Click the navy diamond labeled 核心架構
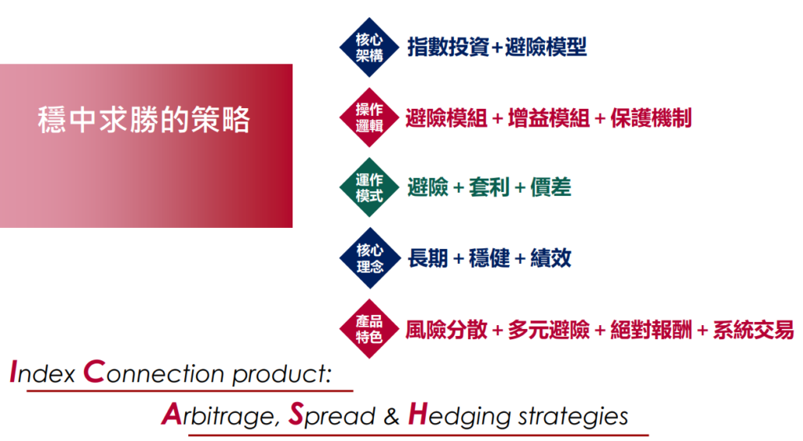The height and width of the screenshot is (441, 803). [x=369, y=47]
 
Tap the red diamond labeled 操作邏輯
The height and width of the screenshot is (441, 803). [x=369, y=117]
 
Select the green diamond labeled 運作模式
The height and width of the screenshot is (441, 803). [x=369, y=187]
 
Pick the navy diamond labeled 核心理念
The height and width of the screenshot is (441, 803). [x=369, y=258]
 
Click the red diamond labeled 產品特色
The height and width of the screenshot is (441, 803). [x=369, y=328]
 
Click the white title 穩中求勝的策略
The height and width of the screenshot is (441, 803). [x=144, y=120]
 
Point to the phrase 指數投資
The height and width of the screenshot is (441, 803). [x=448, y=47]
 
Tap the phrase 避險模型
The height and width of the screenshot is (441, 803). [x=546, y=47]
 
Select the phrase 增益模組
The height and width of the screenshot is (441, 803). [x=548, y=118]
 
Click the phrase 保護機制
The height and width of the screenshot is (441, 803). [x=651, y=118]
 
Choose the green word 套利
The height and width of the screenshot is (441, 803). [x=489, y=187]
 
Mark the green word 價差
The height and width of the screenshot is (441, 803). [x=550, y=187]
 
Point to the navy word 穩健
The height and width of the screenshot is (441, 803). [x=489, y=258]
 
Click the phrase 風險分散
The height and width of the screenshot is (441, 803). [x=446, y=330]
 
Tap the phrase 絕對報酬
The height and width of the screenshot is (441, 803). [x=651, y=330]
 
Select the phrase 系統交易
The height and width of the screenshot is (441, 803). [x=754, y=330]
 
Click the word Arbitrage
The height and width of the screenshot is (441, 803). [x=221, y=415]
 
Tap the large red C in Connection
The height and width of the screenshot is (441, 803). [x=94, y=371]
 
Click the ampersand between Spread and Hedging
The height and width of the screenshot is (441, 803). [x=391, y=417]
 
